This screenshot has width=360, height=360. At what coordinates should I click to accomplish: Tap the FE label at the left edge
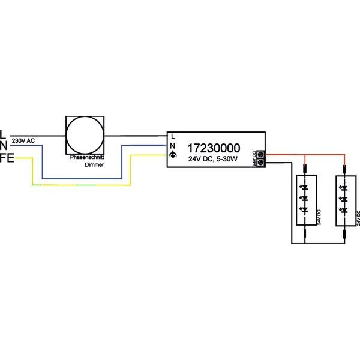click(7, 158)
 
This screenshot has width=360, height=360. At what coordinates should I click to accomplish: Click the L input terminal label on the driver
click(173, 136)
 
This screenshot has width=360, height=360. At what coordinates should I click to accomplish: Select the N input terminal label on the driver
click(173, 146)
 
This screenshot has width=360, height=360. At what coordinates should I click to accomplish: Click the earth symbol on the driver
click(173, 155)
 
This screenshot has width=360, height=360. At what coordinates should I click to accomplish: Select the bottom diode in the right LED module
click(344, 210)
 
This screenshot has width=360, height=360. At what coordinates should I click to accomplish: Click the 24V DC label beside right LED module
click(358, 217)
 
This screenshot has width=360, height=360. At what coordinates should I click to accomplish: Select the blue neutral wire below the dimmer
click(84, 178)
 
